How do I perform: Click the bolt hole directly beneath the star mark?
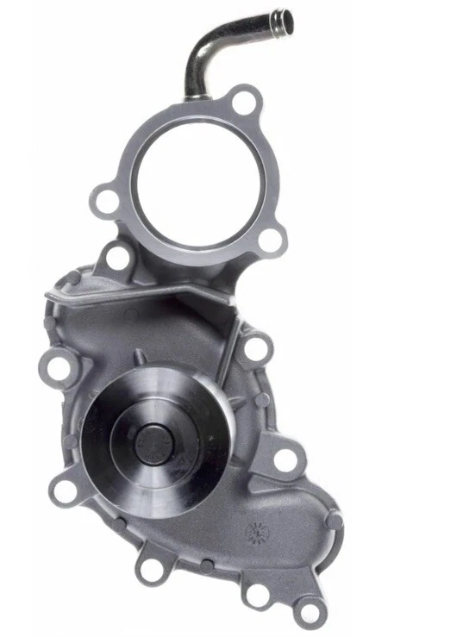tap(256, 594)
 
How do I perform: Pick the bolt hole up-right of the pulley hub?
tap(255, 347)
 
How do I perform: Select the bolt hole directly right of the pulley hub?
tap(285, 459)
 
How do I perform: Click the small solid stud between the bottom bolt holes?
tap(207, 566)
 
